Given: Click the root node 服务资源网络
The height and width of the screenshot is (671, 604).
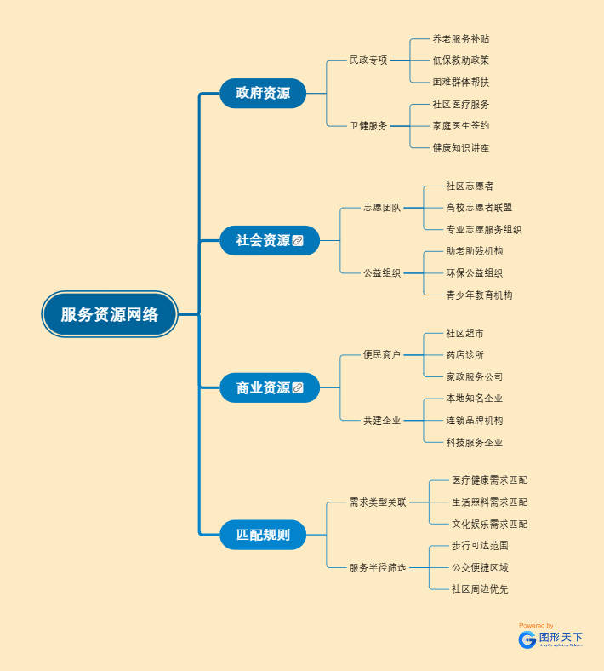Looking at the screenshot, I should click(110, 314).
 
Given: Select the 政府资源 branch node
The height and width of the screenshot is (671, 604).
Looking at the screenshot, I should click(263, 93).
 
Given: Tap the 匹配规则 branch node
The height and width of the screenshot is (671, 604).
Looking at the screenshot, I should click(263, 535).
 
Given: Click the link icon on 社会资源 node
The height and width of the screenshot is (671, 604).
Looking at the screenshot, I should click(298, 241).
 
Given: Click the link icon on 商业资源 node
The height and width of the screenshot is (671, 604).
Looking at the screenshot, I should click(298, 388).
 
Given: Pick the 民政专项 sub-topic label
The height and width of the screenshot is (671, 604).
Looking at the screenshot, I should click(368, 60).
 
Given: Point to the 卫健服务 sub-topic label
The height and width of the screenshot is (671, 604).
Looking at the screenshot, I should click(368, 126).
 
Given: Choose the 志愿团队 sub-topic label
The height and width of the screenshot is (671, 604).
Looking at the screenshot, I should click(382, 208).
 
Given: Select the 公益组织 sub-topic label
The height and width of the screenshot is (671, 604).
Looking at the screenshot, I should click(382, 273).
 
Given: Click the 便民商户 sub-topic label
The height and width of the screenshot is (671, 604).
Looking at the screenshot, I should click(382, 355).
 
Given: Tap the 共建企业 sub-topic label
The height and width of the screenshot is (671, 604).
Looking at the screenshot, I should click(382, 421).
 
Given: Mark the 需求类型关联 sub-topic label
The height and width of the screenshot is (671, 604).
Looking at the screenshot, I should click(378, 502).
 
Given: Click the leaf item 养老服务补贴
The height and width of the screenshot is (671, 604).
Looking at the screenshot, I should click(460, 39).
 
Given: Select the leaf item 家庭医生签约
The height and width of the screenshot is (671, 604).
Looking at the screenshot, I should click(460, 126).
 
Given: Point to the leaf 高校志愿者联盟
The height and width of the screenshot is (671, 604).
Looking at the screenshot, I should click(479, 208).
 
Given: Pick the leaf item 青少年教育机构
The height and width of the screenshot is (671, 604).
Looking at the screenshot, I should click(479, 295).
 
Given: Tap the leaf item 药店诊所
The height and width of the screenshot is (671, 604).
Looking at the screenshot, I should click(464, 355).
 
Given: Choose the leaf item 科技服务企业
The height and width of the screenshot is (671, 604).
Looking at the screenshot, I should click(474, 443).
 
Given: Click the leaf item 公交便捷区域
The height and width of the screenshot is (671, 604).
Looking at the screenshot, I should click(480, 568).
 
